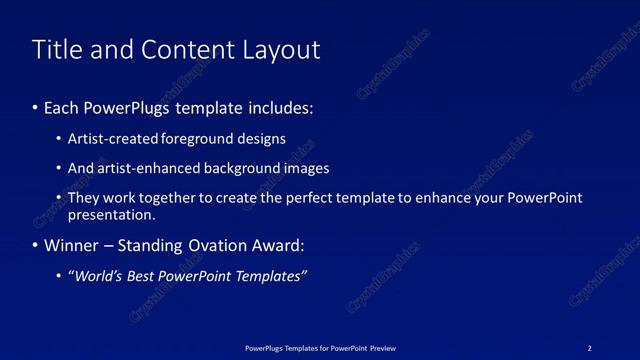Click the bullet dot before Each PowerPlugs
pos(36,107)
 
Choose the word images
pos(304,168)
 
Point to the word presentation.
pos(111,214)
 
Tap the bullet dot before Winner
pos(36,245)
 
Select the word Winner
pos(71,245)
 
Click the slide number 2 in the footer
pos(590,348)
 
